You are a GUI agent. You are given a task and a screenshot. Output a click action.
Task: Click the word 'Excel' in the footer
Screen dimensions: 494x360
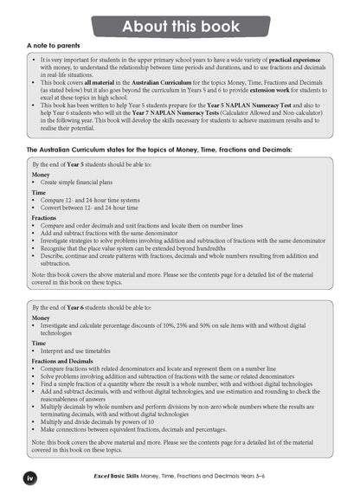click(x=108, y=477)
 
